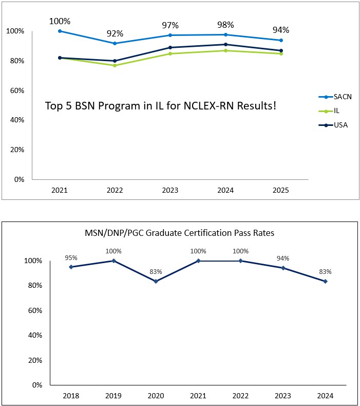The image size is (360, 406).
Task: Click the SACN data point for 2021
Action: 60,31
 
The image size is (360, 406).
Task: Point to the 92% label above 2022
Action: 115,33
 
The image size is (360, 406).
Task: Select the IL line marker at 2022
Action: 115,65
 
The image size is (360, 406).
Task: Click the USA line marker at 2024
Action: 226,44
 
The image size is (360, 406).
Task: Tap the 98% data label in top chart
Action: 225,25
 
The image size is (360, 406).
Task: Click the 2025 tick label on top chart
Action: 281,190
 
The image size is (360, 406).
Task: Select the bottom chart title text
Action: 180,233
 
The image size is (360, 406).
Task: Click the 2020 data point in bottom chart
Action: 156,281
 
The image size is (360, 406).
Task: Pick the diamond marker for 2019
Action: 113,261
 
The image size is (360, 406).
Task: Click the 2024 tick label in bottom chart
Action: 325,396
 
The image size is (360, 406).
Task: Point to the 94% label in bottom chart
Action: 282,258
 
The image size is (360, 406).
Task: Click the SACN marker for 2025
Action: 281,40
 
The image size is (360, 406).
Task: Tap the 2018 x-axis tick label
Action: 71,396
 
